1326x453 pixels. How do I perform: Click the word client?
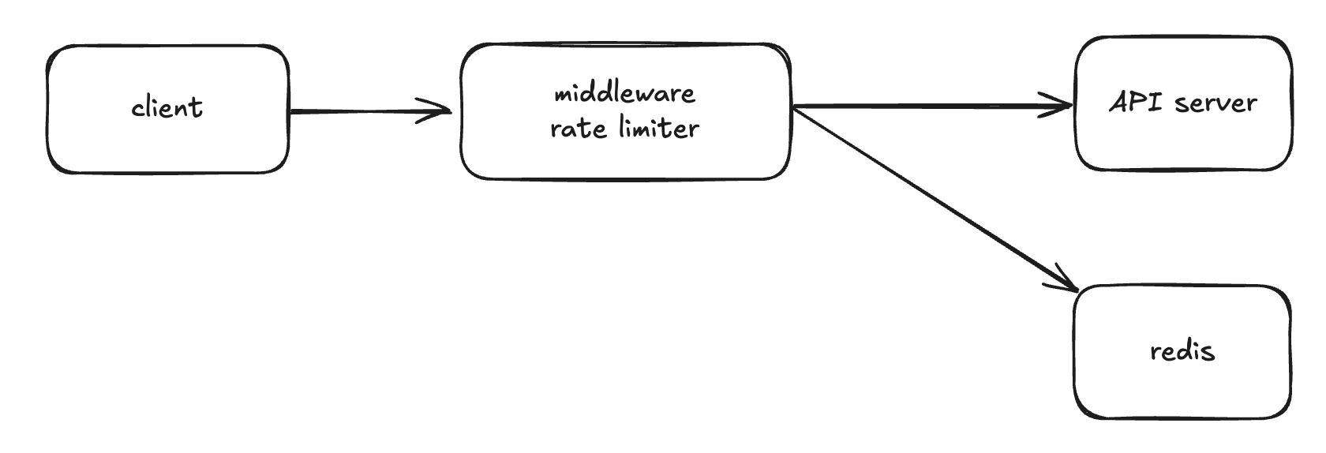[x=167, y=107]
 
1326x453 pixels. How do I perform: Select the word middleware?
[x=624, y=94]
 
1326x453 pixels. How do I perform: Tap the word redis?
[x=1182, y=351]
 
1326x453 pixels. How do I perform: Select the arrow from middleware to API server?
[x=931, y=106]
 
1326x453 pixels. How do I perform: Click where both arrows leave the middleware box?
[x=792, y=107]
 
